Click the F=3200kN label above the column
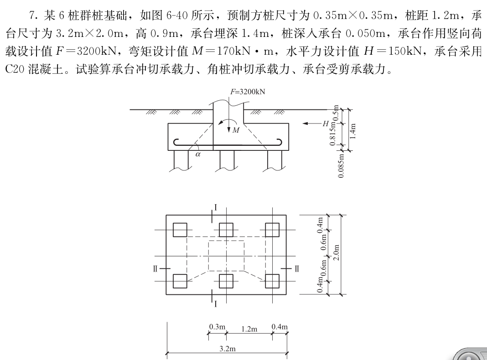point(248,91)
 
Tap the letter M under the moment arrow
point(236,130)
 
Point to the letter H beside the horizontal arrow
point(326,123)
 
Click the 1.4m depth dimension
point(357,132)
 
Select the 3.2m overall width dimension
point(226,349)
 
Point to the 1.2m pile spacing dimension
point(249,329)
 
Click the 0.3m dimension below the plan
point(217,327)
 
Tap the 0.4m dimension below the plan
point(279,327)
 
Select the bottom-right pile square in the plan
point(272,281)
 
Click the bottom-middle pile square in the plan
point(226,281)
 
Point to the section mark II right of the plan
point(297,268)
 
